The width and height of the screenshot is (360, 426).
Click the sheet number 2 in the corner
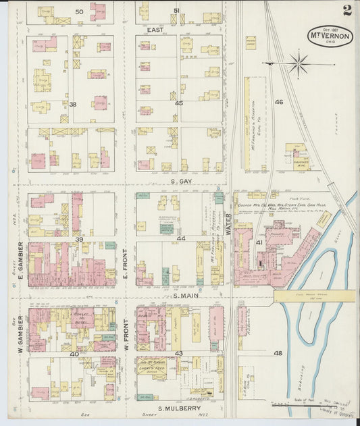pos(346,10)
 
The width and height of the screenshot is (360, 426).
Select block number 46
pos(278,102)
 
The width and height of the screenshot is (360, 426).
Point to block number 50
pos(79,11)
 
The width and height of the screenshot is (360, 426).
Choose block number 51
pos(176,10)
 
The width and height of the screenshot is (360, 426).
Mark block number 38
pos(73,104)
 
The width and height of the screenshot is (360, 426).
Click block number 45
pos(179,103)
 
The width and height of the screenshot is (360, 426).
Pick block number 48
pos(278,353)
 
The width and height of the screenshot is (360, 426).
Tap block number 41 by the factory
pos(259,242)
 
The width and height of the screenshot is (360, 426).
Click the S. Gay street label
pos(182,182)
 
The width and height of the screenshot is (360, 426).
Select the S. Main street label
pos(184,296)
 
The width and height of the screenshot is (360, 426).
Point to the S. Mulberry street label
pos(182,408)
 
